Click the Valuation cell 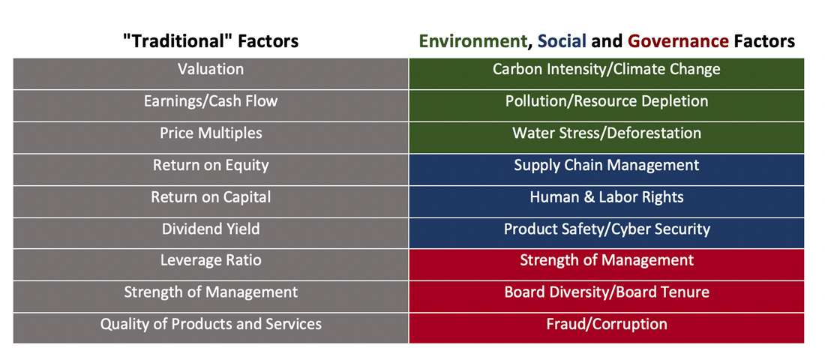point(211,73)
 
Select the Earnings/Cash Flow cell point(211,106)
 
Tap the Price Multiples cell point(211,138)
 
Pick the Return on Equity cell point(211,169)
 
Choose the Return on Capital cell point(211,202)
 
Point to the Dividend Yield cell point(211,233)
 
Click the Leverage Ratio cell point(211,265)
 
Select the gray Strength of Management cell point(211,296)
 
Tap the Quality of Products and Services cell point(211,328)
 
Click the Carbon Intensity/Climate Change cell point(607,73)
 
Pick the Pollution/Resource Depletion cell point(607,106)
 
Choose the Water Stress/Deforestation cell point(607,138)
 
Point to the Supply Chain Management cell point(607,169)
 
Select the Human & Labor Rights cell point(607,202)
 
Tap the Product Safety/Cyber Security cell point(607,233)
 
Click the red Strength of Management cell point(607,265)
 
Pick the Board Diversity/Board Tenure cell point(607,296)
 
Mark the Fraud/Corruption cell point(607,328)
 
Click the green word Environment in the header point(472,41)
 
